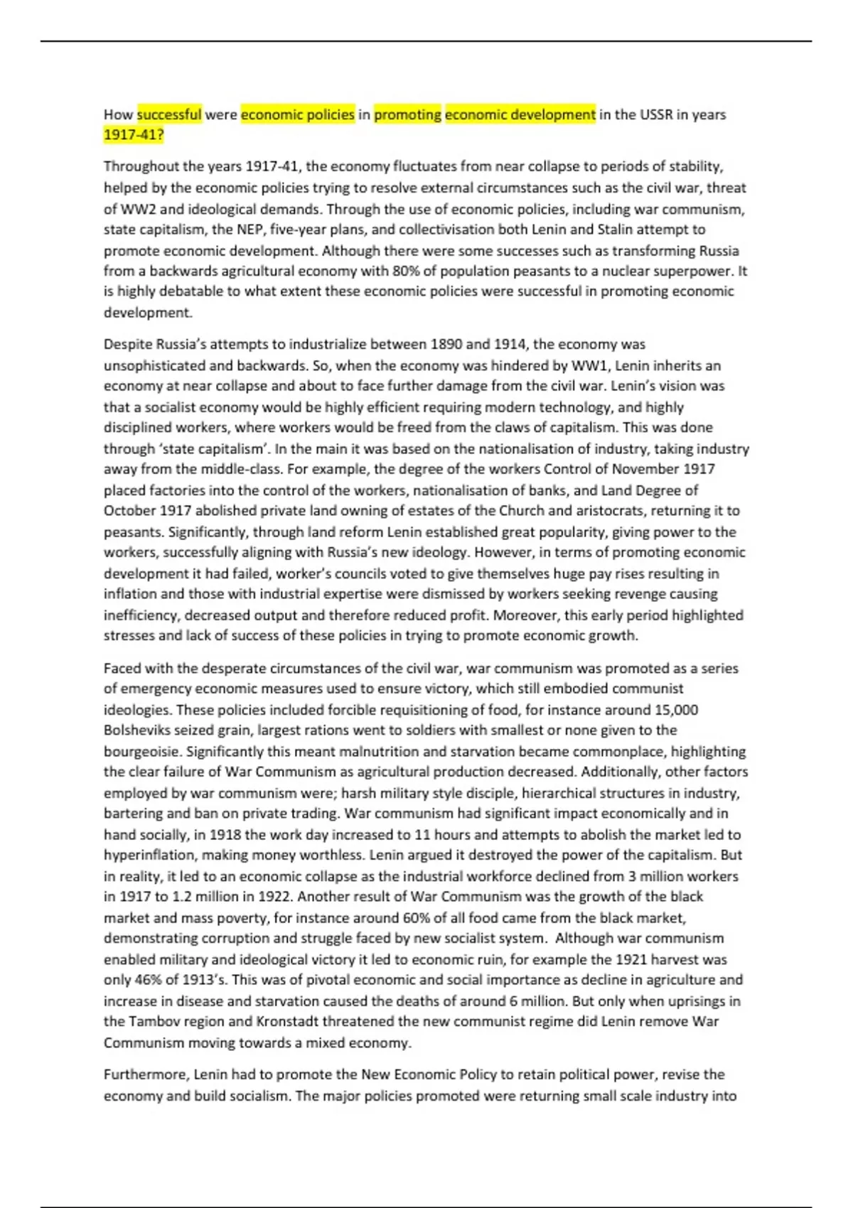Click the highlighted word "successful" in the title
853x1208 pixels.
point(169,114)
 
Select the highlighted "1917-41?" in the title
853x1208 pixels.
point(134,135)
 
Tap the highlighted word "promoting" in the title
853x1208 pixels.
point(407,114)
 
